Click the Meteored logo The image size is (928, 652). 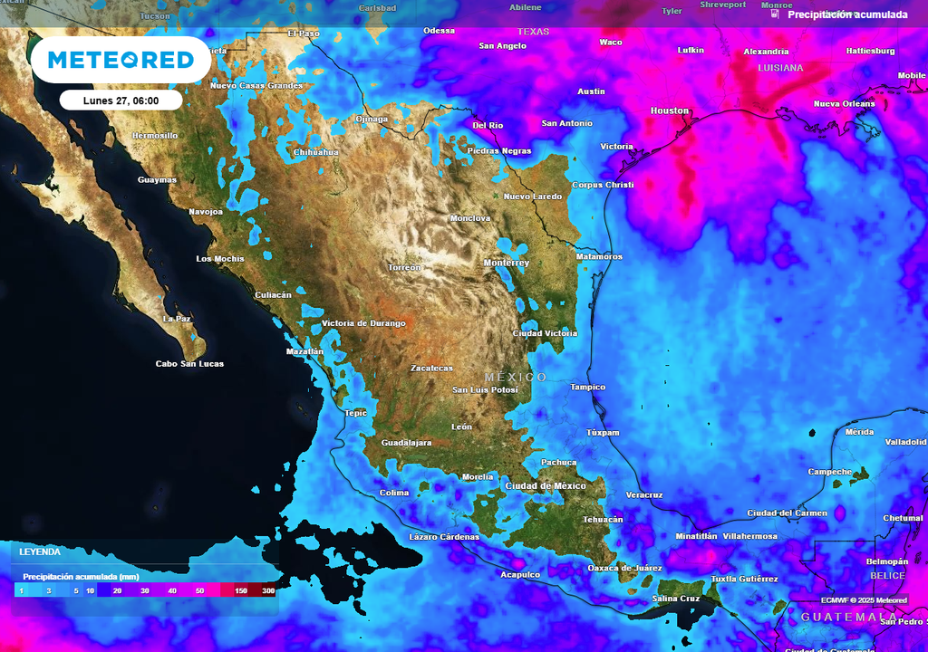pyautogui.click(x=121, y=60)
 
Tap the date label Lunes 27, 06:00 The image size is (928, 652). pyautogui.click(x=121, y=101)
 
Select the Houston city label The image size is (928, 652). pyautogui.click(x=670, y=110)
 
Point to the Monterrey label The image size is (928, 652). pyautogui.click(x=506, y=263)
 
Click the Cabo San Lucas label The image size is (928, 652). pyautogui.click(x=189, y=364)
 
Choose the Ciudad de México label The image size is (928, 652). pyautogui.click(x=546, y=486)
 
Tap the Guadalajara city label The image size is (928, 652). pyautogui.click(x=406, y=443)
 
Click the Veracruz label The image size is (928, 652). pyautogui.click(x=644, y=495)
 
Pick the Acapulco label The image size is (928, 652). pyautogui.click(x=520, y=575)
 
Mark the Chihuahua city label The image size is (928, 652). pyautogui.click(x=315, y=152)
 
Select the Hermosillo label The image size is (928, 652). pyautogui.click(x=155, y=136)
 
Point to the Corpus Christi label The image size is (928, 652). pyautogui.click(x=603, y=185)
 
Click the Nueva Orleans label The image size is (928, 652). pyautogui.click(x=844, y=104)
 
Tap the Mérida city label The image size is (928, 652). pyautogui.click(x=859, y=432)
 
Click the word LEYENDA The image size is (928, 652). pyautogui.click(x=40, y=551)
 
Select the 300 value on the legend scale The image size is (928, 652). pyautogui.click(x=268, y=590)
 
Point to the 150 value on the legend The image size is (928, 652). pyautogui.click(x=241, y=590)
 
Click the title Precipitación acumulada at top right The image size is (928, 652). pyautogui.click(x=847, y=14)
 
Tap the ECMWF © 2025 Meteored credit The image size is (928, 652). pyautogui.click(x=864, y=600)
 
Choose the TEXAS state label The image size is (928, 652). pyautogui.click(x=533, y=32)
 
